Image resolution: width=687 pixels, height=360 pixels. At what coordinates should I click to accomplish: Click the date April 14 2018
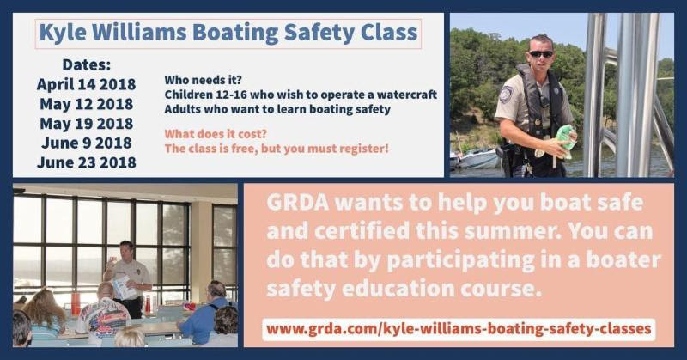click(87, 84)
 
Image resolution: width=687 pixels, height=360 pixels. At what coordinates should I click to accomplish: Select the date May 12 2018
click(87, 104)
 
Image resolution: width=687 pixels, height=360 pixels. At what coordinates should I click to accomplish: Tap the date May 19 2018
click(87, 123)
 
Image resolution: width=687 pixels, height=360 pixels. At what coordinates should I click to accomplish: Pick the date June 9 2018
click(87, 143)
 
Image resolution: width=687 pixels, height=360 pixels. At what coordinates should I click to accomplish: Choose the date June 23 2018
click(87, 162)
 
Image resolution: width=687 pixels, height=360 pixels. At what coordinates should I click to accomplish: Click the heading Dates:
click(87, 65)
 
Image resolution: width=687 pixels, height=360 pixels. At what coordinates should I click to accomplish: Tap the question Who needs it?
click(203, 80)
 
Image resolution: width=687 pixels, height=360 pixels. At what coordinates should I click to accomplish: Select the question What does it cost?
click(216, 134)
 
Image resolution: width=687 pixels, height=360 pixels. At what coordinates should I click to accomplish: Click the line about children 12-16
click(301, 95)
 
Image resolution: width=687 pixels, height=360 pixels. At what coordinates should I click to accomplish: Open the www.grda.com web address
click(459, 329)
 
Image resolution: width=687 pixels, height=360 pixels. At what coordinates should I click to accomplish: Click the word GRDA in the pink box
click(297, 203)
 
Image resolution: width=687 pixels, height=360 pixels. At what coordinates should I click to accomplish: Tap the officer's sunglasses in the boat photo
click(541, 54)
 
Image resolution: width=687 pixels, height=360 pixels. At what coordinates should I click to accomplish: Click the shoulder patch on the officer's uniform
click(506, 95)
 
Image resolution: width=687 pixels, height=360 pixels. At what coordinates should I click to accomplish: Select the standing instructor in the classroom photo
click(127, 278)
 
